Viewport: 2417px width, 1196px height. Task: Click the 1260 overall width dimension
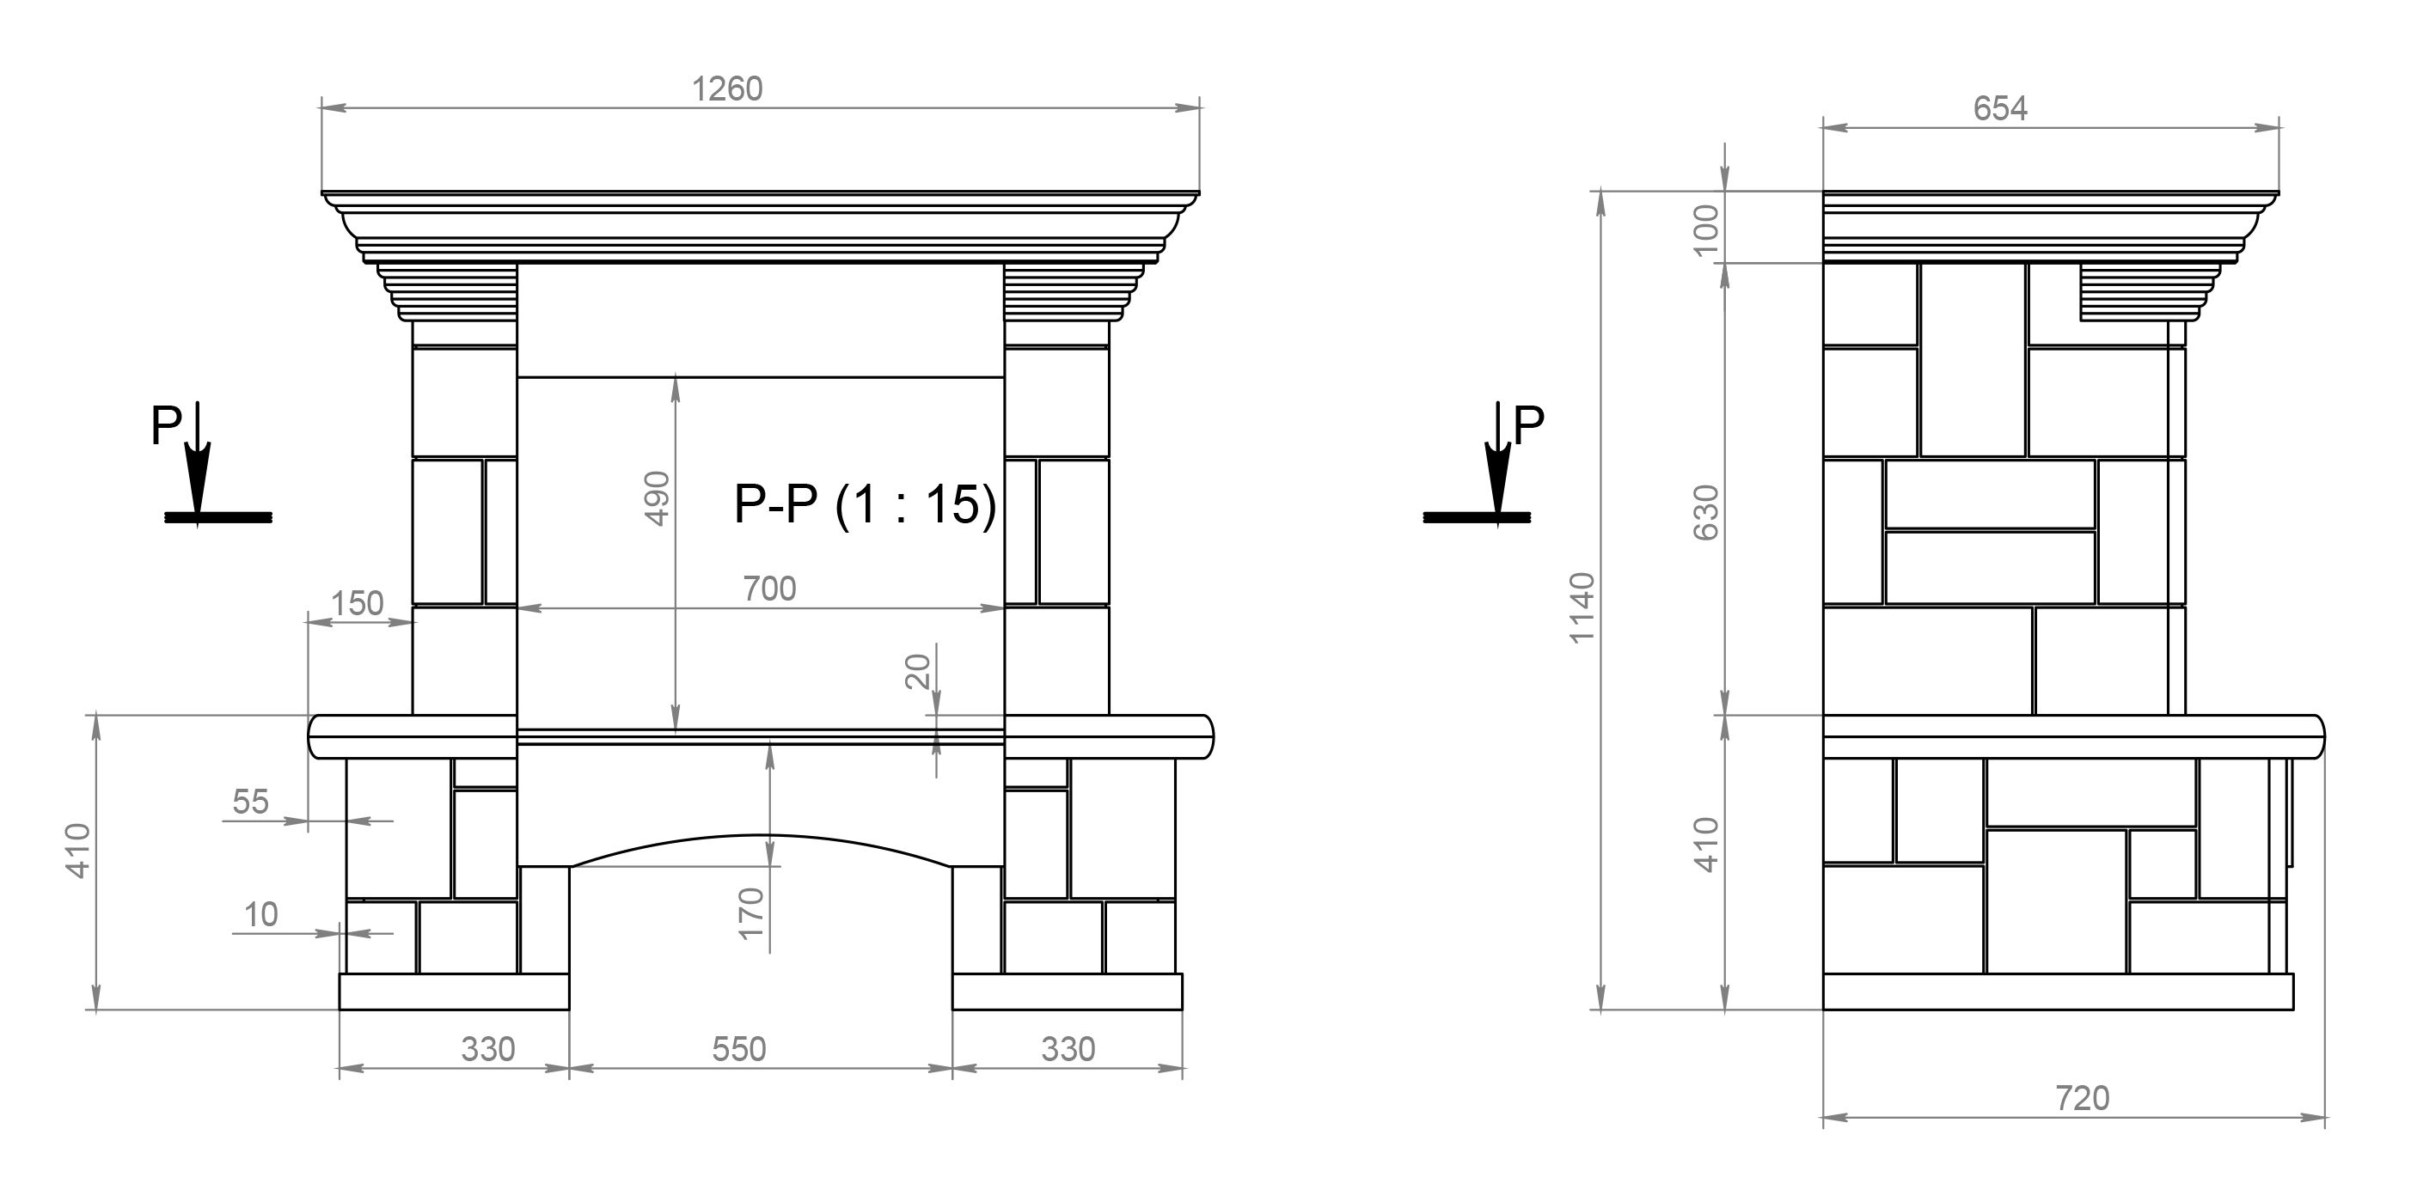[727, 89]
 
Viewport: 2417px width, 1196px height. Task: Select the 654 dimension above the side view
[2000, 109]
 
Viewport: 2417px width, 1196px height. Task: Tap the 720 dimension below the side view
[2082, 1097]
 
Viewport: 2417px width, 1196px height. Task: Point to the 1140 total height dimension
[1582, 607]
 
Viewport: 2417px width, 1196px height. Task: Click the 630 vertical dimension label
[1706, 512]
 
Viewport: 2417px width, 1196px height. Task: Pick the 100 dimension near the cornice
[1706, 229]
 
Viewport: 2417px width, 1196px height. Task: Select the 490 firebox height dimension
[658, 498]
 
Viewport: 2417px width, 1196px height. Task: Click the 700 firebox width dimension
[769, 589]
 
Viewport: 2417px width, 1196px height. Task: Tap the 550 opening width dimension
[738, 1049]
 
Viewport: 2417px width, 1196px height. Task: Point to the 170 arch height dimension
[751, 913]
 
